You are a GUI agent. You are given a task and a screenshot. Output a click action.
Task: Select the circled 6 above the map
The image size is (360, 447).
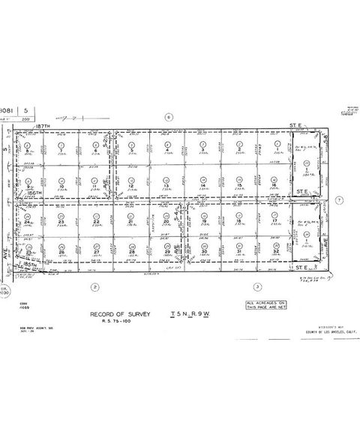coord(169,117)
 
